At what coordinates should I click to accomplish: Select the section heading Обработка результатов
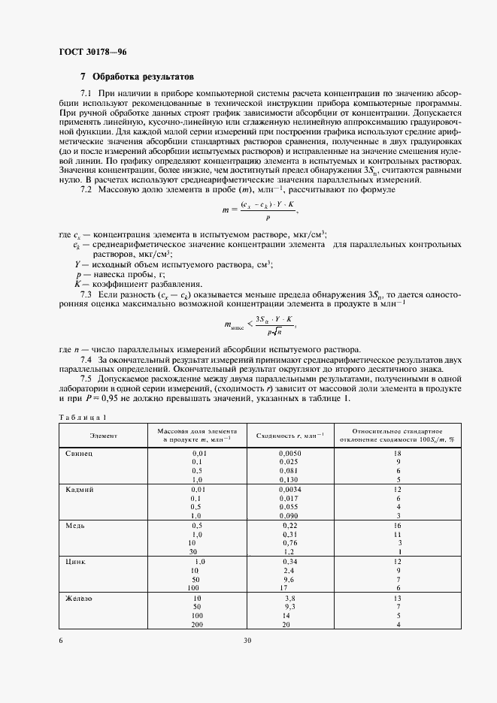143,77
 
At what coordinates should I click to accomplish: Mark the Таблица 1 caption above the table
83,417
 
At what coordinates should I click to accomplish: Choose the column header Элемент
103,435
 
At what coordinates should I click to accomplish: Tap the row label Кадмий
79,489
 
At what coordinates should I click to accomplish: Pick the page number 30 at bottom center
247,641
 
